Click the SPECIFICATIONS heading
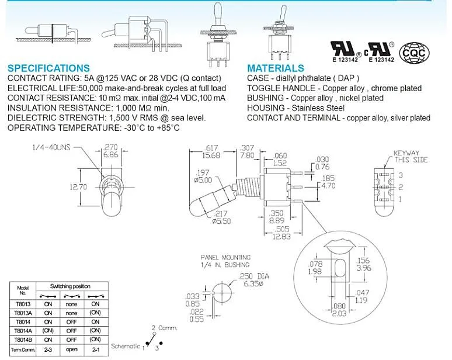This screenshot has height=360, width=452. pyautogui.click(x=48, y=68)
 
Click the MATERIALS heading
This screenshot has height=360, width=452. pyautogui.click(x=276, y=68)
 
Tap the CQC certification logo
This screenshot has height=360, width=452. pyautogui.click(x=416, y=51)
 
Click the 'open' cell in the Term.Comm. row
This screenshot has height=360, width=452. pyautogui.click(x=71, y=349)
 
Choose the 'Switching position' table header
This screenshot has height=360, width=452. pyautogui.click(x=70, y=286)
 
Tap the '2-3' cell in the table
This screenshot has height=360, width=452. pyautogui.click(x=48, y=349)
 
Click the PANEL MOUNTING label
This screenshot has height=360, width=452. pyautogui.click(x=225, y=257)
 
